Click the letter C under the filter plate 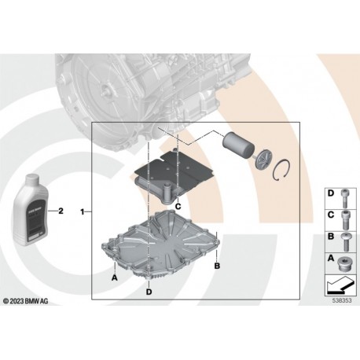pyautogui.click(x=178, y=206)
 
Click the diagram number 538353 pyautogui.click(x=340, y=300)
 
